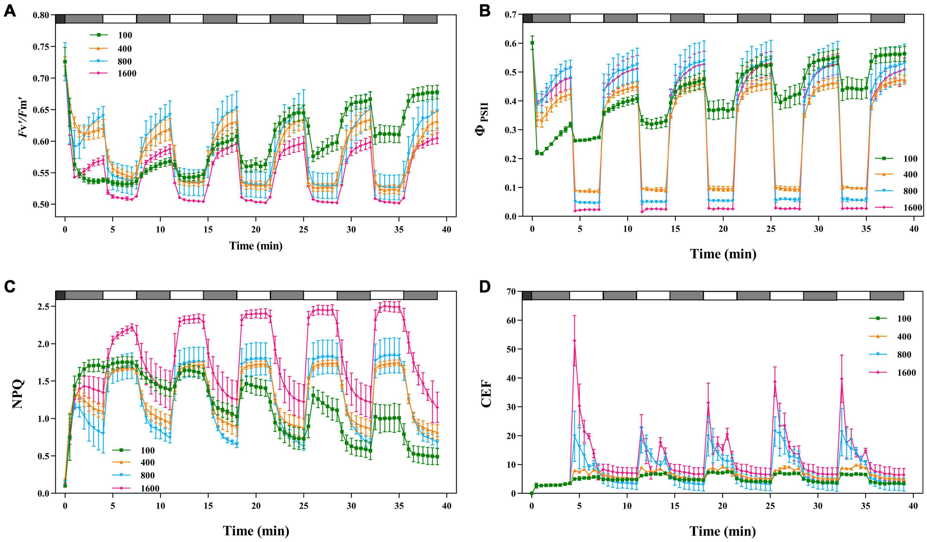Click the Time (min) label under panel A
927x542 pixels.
point(256,246)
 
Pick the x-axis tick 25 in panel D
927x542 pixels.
point(770,506)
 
